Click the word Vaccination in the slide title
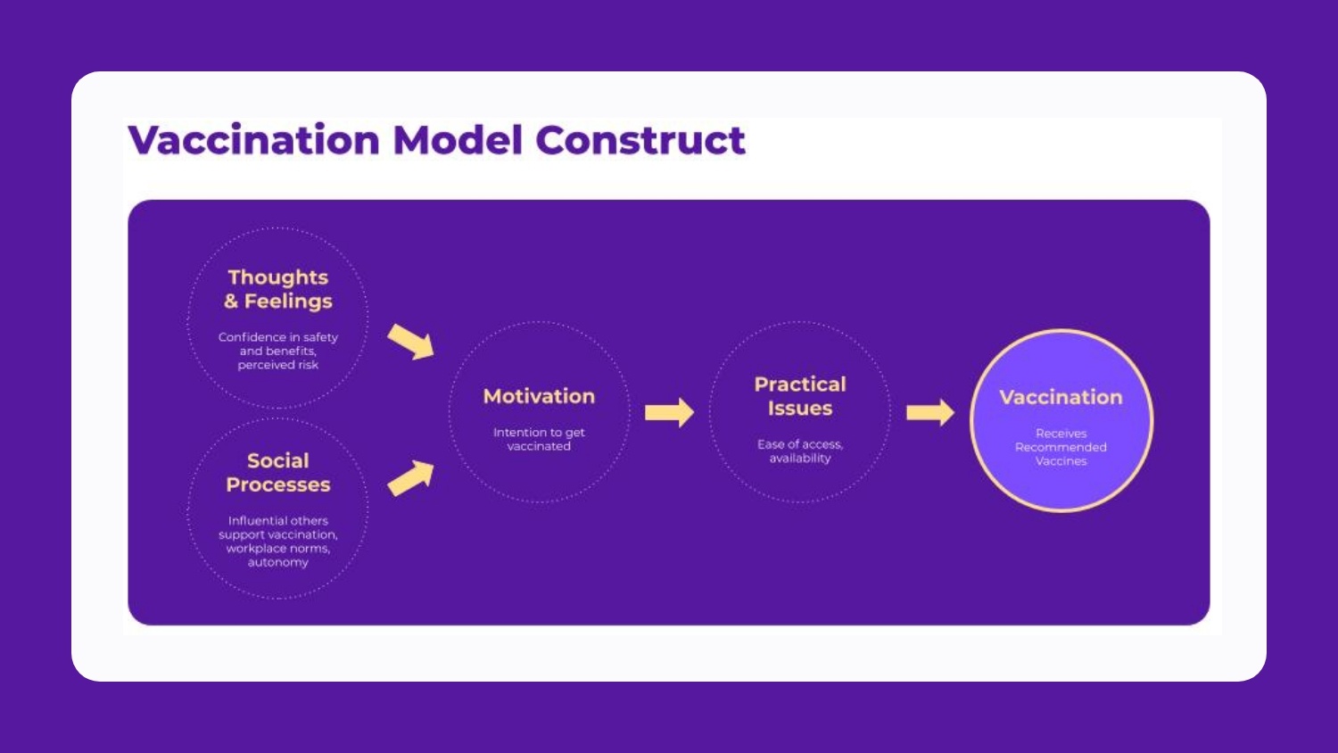[254, 140]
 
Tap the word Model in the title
[458, 140]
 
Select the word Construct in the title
[640, 140]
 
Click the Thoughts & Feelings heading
[277, 289]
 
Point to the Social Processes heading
[277, 473]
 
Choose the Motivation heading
[539, 396]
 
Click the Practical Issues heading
[800, 396]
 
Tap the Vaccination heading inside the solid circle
[1061, 397]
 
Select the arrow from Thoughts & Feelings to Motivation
[410, 342]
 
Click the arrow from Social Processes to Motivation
[410, 478]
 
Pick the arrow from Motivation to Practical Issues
[670, 412]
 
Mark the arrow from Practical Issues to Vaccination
[930, 412]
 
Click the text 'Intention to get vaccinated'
[539, 439]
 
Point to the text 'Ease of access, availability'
[800, 451]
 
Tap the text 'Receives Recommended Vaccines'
[1061, 447]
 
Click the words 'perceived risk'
[277, 365]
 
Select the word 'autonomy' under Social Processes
[277, 562]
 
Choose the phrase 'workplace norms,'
[277, 548]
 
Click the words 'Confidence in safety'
[277, 337]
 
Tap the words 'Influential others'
[277, 520]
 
